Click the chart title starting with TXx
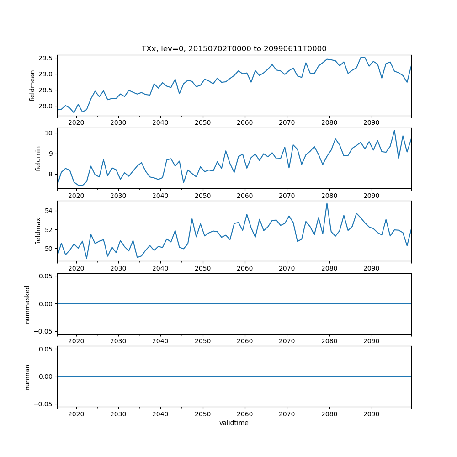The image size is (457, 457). coord(234,48)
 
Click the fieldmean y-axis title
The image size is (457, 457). coord(32,86)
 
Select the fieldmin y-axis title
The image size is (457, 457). coord(38,159)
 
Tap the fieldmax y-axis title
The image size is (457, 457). coord(38,231)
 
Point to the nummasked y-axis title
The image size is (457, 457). coord(27,304)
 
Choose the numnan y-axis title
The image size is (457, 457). coord(27,377)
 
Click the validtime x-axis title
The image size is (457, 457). coord(234,423)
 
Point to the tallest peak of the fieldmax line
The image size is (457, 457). coord(327,203)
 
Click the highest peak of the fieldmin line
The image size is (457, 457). coord(394,131)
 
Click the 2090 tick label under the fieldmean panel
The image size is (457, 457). coord(371,123)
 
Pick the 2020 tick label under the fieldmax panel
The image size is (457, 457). coord(76,268)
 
